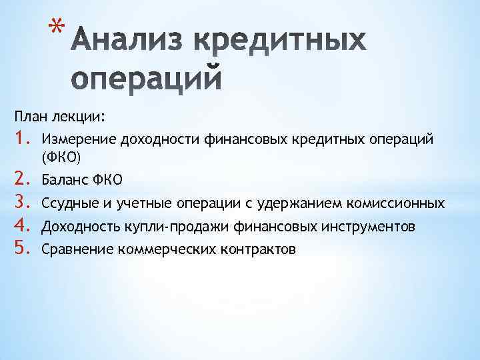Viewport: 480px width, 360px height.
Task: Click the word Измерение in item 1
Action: pyautogui.click(x=78, y=139)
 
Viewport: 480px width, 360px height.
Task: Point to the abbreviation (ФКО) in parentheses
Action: pyautogui.click(x=61, y=157)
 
